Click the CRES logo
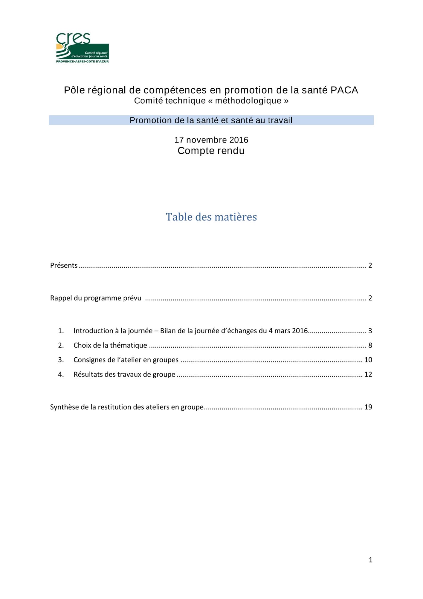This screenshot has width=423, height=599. pyautogui.click(x=83, y=48)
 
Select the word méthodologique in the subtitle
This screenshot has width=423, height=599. pyautogui.click(x=248, y=101)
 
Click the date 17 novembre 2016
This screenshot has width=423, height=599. pyautogui.click(x=211, y=140)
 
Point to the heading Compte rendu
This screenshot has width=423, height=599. pyautogui.click(x=211, y=151)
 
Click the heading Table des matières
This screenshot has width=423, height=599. pyautogui.click(x=211, y=217)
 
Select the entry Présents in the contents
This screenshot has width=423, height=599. pyautogui.click(x=64, y=265)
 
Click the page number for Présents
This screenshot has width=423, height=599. pyautogui.click(x=370, y=265)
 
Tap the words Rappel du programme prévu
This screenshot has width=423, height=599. pyautogui.click(x=96, y=298)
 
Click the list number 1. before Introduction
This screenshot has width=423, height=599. pyautogui.click(x=61, y=331)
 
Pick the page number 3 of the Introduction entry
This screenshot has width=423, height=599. pyautogui.click(x=370, y=331)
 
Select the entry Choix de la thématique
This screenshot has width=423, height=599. pyautogui.click(x=110, y=345)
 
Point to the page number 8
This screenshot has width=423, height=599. pyautogui.click(x=370, y=345)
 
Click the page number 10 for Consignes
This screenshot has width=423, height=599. pyautogui.click(x=368, y=360)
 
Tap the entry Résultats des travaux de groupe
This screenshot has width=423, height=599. pyautogui.click(x=124, y=374)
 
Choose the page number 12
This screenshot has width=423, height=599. pyautogui.click(x=368, y=374)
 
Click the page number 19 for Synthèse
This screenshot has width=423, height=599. pyautogui.click(x=368, y=407)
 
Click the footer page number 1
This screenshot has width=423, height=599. pyautogui.click(x=370, y=560)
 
